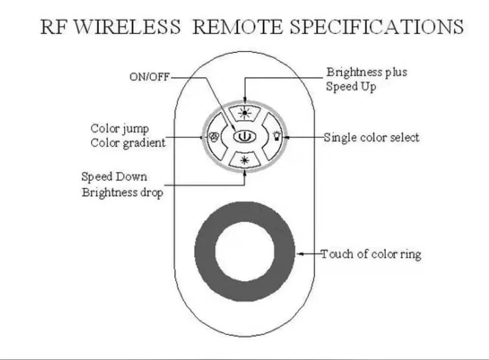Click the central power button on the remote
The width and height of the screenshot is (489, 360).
[x=244, y=137]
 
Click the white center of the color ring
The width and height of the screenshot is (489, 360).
[x=244, y=251]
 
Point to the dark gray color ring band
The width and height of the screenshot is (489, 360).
[x=205, y=251]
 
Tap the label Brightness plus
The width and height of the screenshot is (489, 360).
[x=366, y=73]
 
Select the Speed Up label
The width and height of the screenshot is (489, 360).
[x=350, y=86]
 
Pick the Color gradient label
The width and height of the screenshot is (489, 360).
[x=128, y=142]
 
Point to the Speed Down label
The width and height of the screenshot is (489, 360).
[x=114, y=177]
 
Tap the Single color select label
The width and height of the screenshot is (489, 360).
[x=372, y=137]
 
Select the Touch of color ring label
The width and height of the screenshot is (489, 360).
[x=371, y=254]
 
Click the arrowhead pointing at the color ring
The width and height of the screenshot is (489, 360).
[x=299, y=253]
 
